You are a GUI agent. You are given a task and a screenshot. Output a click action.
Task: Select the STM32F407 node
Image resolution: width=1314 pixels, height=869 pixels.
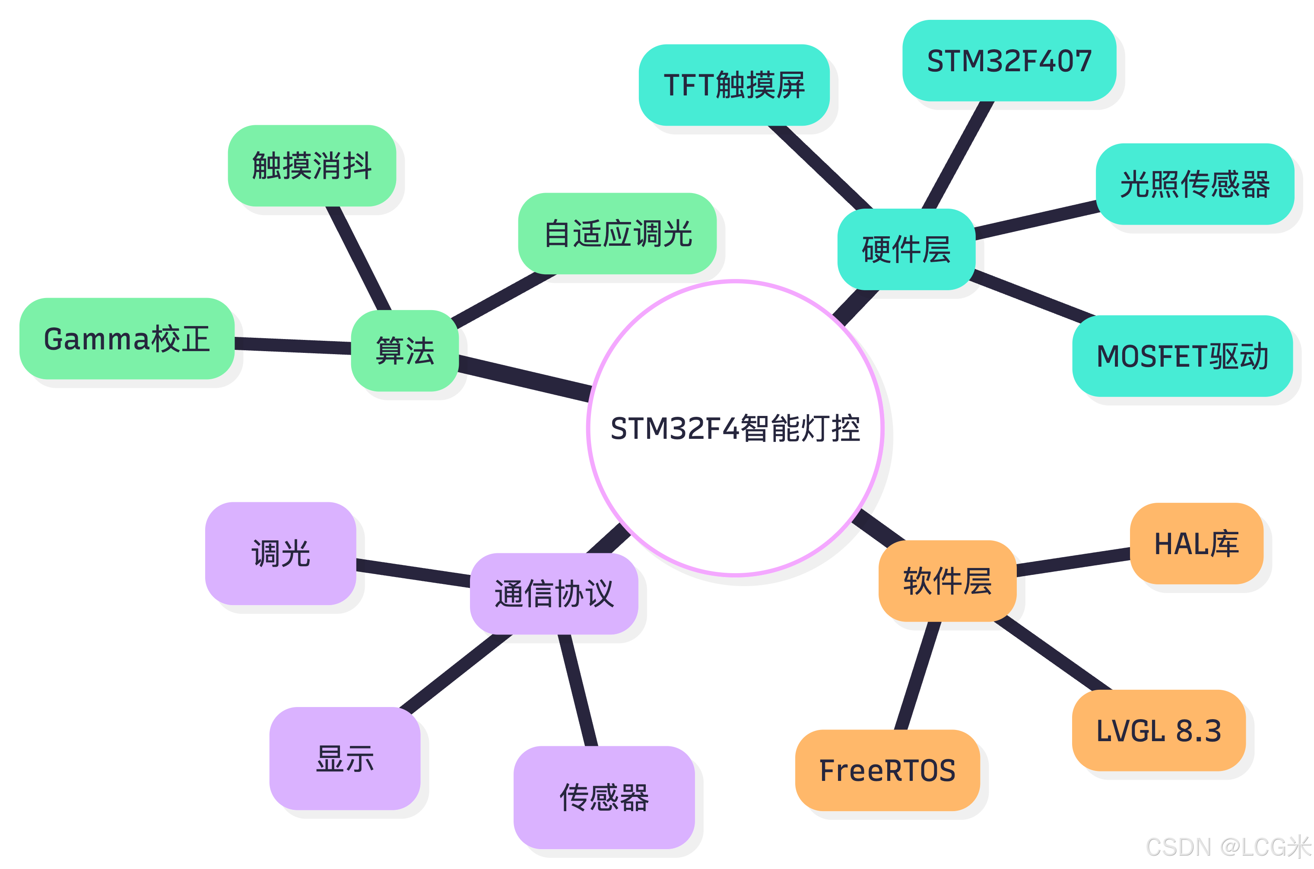click(1009, 61)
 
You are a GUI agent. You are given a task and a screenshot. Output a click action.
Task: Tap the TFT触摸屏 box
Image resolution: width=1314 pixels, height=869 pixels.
click(734, 85)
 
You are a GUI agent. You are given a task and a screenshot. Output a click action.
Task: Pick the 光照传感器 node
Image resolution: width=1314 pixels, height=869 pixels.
click(1194, 184)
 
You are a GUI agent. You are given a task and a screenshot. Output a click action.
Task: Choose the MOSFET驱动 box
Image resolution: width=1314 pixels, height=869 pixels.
click(1182, 356)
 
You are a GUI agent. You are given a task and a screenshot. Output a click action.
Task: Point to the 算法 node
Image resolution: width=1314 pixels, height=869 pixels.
click(405, 351)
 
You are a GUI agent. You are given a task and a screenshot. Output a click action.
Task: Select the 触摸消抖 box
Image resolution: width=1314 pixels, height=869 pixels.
click(311, 166)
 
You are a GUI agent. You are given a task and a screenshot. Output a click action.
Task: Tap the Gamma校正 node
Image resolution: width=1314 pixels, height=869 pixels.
click(127, 339)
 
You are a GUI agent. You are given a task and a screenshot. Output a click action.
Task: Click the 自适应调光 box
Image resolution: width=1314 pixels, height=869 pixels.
click(617, 233)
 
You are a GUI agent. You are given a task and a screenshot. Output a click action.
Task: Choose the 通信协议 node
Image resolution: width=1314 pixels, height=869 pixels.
click(554, 593)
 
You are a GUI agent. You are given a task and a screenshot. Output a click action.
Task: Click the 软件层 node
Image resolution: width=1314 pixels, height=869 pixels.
click(947, 581)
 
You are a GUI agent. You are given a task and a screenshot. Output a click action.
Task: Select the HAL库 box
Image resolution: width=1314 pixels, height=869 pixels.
click(1196, 543)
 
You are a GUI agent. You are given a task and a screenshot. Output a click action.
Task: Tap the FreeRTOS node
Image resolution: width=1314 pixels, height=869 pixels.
click(887, 771)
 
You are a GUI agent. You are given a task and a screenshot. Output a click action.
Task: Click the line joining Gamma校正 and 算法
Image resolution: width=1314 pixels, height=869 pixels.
click(292, 345)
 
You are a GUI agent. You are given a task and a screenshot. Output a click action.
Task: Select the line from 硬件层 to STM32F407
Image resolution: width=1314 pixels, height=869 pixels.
click(957, 155)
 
